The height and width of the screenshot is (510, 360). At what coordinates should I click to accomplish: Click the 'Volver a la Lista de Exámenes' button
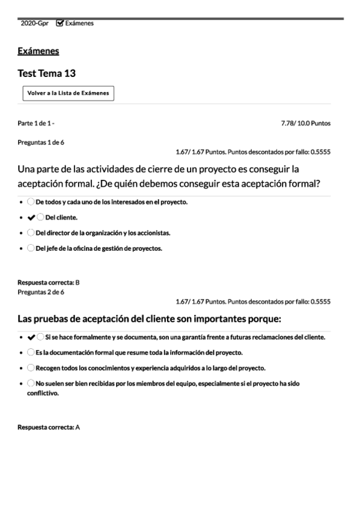(x=68, y=93)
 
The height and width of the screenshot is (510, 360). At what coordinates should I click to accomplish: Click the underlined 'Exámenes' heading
(x=38, y=51)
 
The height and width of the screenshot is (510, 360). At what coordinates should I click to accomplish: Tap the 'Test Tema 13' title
(x=46, y=73)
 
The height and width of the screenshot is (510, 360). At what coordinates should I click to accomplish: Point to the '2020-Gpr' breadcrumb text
(x=34, y=23)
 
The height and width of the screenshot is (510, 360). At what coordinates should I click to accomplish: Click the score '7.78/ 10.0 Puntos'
(x=305, y=123)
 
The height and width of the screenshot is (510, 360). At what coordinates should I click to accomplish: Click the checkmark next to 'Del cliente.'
(x=31, y=217)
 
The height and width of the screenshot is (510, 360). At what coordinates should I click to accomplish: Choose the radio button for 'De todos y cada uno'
(x=31, y=201)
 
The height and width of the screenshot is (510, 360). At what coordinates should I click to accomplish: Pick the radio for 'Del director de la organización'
(x=31, y=232)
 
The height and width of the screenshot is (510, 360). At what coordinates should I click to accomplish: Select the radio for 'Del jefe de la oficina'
(x=31, y=248)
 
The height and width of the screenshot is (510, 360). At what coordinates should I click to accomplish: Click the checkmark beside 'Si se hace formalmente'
(x=31, y=337)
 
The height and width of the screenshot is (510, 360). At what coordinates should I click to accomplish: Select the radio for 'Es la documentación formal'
(x=31, y=352)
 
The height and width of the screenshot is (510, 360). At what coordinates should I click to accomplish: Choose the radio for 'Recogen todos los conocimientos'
(x=31, y=367)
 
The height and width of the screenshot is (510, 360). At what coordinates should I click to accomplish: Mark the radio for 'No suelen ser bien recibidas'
(x=31, y=382)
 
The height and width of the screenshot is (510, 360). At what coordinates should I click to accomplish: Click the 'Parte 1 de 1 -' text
(x=36, y=123)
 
